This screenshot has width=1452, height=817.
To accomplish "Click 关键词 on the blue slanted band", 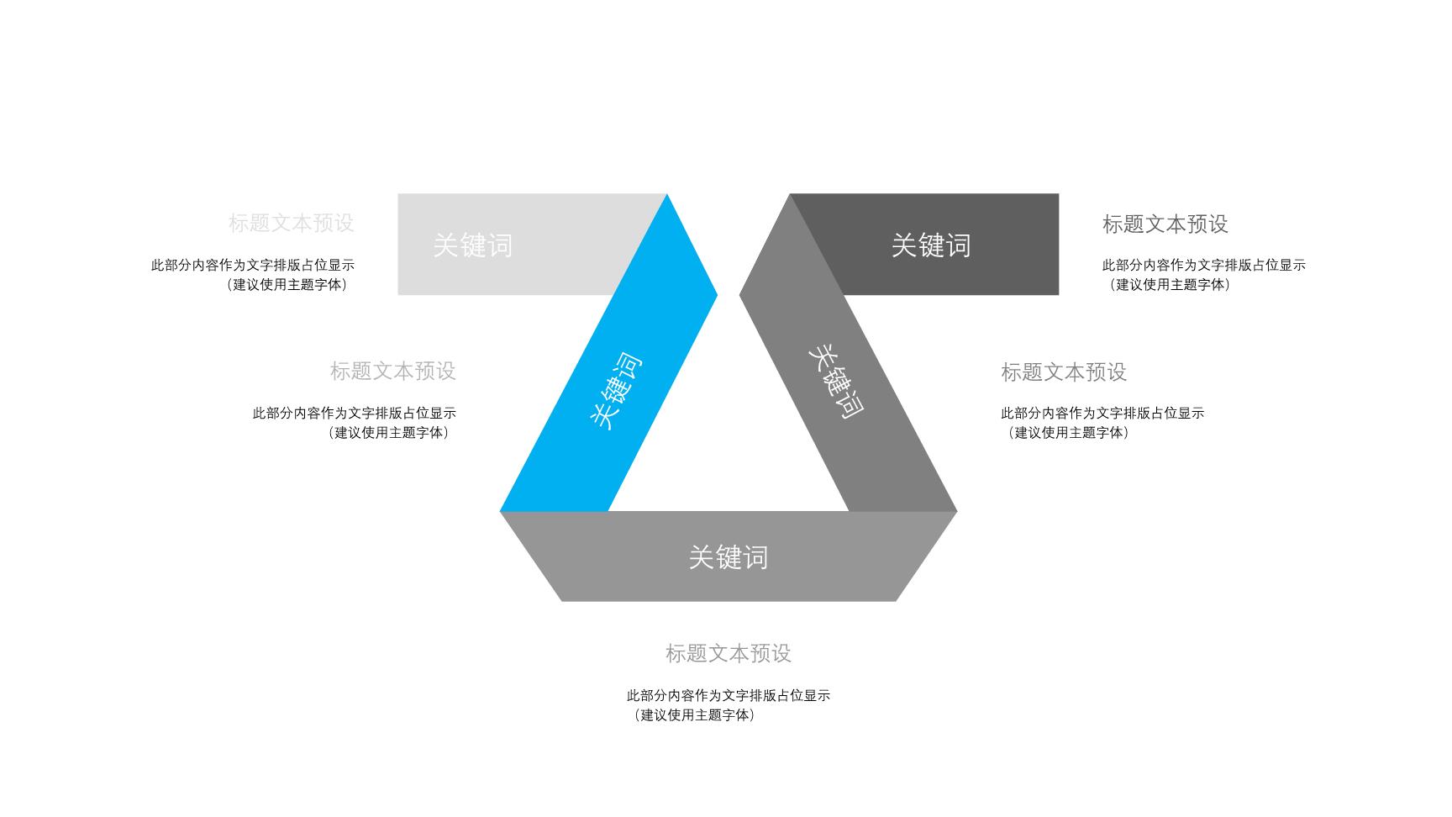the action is [x=616, y=393].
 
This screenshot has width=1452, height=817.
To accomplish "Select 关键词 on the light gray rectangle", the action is [x=472, y=245].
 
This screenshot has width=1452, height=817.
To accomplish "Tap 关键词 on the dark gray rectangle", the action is [x=931, y=245].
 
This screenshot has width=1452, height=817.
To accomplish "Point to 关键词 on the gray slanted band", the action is [x=836, y=382].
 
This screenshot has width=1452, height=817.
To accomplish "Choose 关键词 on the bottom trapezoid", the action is [x=729, y=557].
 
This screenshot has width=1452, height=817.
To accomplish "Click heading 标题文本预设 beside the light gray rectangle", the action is [x=292, y=223].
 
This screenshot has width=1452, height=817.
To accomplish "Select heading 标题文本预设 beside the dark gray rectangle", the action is [x=1165, y=224].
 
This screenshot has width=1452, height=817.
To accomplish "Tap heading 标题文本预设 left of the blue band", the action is [x=393, y=371].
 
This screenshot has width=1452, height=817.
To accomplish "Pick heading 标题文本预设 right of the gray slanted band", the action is [x=1064, y=372].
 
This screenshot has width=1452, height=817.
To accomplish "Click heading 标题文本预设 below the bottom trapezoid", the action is [x=729, y=653].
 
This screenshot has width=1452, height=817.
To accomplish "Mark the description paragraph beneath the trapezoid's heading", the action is [x=729, y=705].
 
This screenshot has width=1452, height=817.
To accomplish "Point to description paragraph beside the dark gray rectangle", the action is [x=1204, y=275].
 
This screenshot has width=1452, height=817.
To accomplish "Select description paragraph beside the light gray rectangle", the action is [x=253, y=275].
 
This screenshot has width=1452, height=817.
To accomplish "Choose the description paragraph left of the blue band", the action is [x=355, y=423].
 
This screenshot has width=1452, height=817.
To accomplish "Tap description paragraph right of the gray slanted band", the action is [x=1102, y=423].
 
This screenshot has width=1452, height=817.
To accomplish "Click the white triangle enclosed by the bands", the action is [x=729, y=437].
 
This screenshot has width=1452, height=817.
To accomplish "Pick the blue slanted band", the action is [x=609, y=353].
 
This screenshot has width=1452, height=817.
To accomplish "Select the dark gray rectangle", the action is [x=950, y=245].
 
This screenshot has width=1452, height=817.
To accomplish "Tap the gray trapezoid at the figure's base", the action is [x=729, y=556].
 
